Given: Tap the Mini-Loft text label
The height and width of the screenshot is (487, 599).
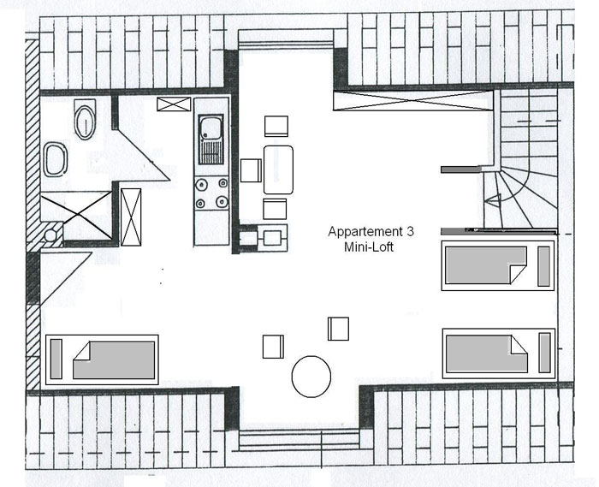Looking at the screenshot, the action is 369,246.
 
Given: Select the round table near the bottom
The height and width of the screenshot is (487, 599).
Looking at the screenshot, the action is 311,377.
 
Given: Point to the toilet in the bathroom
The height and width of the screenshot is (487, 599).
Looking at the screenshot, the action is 85,120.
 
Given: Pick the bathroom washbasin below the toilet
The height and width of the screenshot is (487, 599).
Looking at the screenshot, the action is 56,159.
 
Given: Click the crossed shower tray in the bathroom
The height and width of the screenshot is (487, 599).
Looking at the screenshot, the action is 76,216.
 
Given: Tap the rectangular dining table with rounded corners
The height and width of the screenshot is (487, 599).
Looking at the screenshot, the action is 278,169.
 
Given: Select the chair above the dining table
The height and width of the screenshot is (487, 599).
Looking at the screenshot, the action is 276,126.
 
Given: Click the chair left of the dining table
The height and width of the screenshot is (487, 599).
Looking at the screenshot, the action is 251,170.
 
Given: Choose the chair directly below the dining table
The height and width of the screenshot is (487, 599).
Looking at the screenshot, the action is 275,209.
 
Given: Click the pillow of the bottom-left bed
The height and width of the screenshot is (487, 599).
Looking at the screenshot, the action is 56,359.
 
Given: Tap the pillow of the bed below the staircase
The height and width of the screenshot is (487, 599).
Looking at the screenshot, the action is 544,266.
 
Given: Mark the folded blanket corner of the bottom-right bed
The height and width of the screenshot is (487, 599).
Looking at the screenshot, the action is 519,345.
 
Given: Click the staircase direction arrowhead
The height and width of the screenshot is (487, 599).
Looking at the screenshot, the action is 493,200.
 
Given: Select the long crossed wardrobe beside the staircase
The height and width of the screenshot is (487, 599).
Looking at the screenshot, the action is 413,100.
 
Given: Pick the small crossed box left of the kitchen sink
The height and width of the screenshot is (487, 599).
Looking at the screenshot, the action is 174,104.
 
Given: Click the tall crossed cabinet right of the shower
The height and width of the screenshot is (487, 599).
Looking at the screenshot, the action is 131,217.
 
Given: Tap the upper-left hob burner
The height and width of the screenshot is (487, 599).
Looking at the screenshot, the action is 200,185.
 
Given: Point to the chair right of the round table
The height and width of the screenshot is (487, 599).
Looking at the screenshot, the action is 339,329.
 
